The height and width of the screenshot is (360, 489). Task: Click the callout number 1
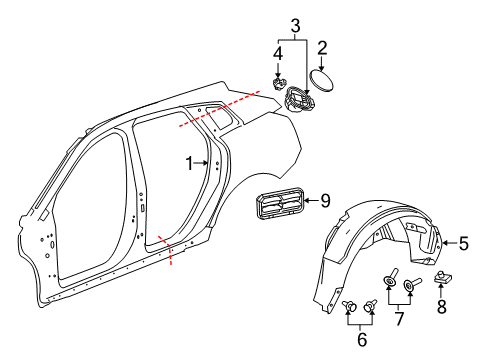click(188, 161)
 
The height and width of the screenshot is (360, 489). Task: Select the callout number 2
click(322, 47)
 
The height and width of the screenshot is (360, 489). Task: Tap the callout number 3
click(295, 25)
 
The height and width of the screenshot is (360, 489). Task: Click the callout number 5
click(463, 242)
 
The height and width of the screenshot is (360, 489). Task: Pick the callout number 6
click(361, 340)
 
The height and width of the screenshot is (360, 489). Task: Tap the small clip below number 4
click(281, 76)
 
